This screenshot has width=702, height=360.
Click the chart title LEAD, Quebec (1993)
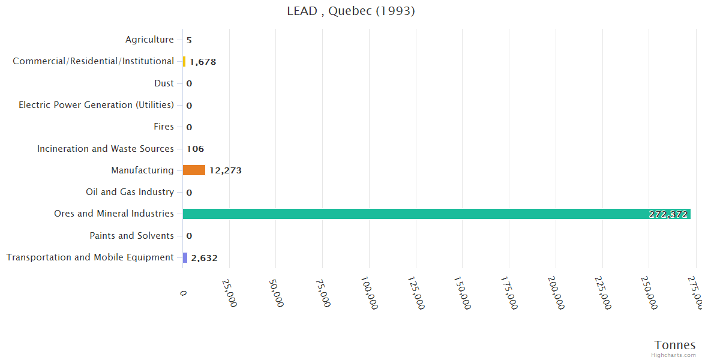[351, 11]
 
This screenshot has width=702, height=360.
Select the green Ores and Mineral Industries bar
[436, 214]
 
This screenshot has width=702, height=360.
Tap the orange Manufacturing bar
[194, 170]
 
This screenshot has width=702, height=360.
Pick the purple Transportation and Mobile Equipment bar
[185, 257]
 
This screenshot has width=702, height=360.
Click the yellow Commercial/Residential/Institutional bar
[184, 61]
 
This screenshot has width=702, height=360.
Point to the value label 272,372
[668, 214]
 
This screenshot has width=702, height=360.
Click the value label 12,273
[226, 170]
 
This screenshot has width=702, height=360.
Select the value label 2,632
[204, 258]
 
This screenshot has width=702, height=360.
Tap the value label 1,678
[203, 62]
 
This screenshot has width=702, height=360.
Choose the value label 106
[195, 149]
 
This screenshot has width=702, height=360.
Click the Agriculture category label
[149, 40]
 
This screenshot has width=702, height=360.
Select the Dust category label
[164, 83]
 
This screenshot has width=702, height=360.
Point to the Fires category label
[164, 127]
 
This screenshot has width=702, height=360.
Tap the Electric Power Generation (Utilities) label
[96, 105]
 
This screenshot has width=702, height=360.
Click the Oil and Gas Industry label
[130, 192]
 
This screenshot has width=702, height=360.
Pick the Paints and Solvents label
[131, 236]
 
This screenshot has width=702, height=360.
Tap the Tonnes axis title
[674, 345]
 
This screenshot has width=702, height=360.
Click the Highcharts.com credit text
[674, 355]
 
